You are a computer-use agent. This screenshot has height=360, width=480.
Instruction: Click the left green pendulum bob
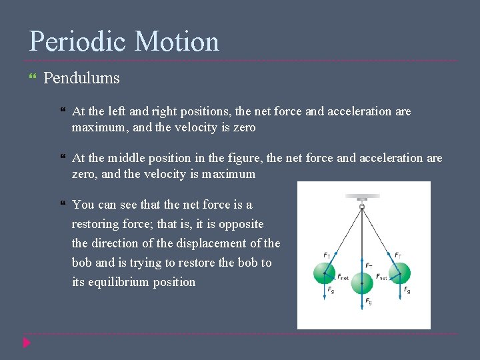coord(324,273)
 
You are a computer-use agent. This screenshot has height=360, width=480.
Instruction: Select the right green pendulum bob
coord(399,273)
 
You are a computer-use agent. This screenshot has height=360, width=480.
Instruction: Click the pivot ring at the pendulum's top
coord(362,207)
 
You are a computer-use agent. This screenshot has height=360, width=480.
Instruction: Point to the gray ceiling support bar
coord(362,197)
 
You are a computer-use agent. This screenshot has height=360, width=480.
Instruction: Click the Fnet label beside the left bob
coord(343,277)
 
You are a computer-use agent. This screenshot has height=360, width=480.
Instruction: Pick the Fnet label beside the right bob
coord(381,277)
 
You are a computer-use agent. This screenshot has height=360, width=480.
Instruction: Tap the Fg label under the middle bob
coord(369,302)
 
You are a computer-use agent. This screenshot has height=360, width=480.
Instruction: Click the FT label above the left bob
coord(327,255)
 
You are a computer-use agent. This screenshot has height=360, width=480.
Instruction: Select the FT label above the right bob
coord(398,255)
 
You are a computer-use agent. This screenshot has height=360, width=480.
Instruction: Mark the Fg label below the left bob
coord(331,291)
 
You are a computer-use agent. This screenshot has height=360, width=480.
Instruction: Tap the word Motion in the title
coord(177,42)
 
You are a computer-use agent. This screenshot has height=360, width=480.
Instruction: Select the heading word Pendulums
coord(81,78)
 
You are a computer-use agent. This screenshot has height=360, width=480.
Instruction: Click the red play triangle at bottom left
coord(26,343)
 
